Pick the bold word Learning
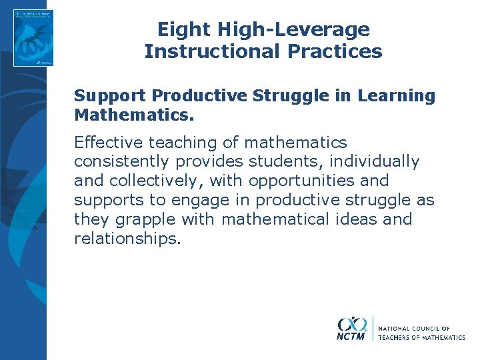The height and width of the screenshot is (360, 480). pyautogui.click(x=396, y=96)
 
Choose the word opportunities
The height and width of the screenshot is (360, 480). pyautogui.click(x=299, y=181)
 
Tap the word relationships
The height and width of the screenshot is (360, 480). pyautogui.click(x=127, y=239)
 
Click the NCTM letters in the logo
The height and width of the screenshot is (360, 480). pyautogui.click(x=351, y=337)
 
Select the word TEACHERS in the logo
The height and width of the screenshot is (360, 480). pyautogui.click(x=398, y=337)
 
